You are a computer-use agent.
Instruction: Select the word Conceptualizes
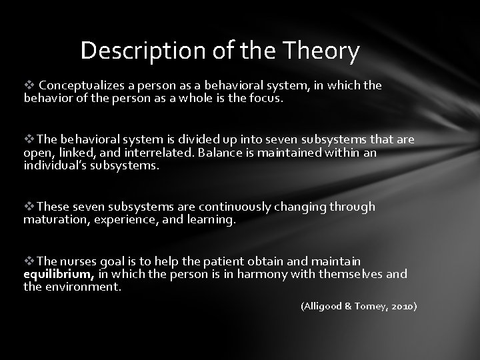[79, 86]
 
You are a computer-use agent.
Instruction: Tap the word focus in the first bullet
[267, 98]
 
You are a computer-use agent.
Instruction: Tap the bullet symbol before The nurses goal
[30, 262]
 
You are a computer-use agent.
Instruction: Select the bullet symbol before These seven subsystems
[30, 207]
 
